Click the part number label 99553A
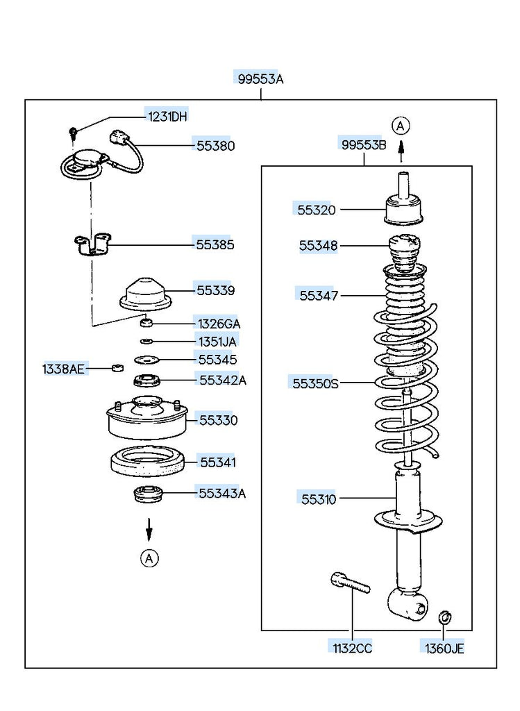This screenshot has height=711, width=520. click(260, 79)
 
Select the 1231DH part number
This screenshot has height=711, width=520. click(167, 116)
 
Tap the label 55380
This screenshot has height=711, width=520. click(215, 146)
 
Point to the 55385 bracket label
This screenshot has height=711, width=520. click(215, 244)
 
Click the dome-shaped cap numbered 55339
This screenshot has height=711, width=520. click(146, 294)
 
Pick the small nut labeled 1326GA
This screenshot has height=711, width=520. click(146, 323)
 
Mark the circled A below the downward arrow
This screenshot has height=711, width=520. click(149, 558)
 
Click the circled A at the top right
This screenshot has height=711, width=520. click(401, 126)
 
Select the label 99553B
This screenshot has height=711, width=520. click(363, 144)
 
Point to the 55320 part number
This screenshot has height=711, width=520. click(317, 210)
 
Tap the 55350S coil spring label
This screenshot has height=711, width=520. click(315, 383)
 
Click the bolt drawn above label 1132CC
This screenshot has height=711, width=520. click(349, 583)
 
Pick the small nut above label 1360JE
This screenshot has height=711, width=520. click(444, 616)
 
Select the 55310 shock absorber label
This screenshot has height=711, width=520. click(319, 499)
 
